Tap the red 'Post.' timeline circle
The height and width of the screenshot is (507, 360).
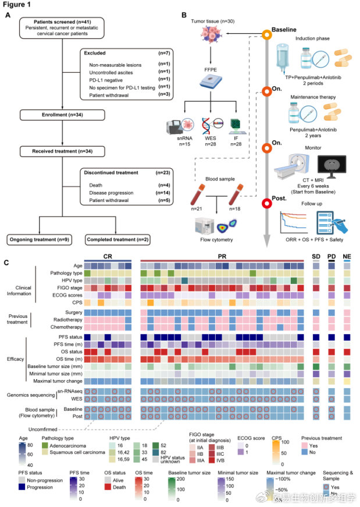[x=267, y=203]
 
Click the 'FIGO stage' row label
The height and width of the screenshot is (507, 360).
[x=66, y=287]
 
